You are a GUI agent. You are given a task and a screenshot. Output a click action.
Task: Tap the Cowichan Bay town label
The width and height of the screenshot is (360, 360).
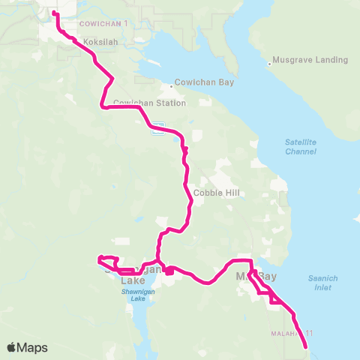tap(199, 82)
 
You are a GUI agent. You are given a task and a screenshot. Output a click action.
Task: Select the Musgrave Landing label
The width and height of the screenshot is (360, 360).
tap(310, 59)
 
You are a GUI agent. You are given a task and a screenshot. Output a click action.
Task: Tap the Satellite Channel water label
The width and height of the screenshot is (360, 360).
tap(301, 146)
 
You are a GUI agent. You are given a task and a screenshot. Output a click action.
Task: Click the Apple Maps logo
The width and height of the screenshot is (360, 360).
tap(28, 347)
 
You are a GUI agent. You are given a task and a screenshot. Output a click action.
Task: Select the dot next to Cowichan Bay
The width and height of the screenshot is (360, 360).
tap(170, 82)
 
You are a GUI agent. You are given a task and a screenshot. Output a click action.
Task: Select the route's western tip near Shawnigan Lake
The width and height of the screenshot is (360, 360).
tap(99, 260)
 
